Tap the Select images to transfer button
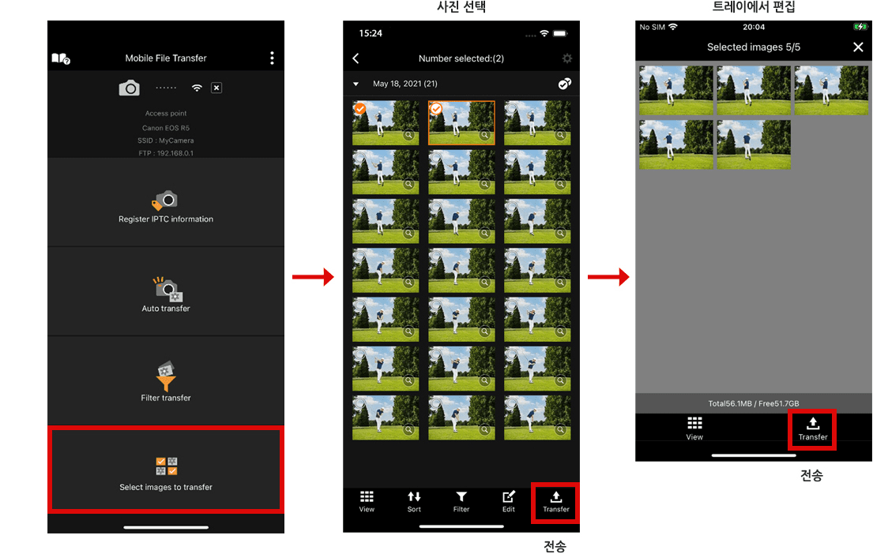[x=166, y=470]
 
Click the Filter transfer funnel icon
[x=166, y=376]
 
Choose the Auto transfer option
[x=166, y=293]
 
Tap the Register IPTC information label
[x=166, y=219]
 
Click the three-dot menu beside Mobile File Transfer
[x=272, y=58]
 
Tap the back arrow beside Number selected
[x=356, y=58]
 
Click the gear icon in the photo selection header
[x=566, y=58]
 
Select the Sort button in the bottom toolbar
[x=414, y=501]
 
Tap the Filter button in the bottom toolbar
[x=461, y=501]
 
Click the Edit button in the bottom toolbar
[x=509, y=501]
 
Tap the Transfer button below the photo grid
[x=555, y=502]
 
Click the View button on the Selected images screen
[x=694, y=429]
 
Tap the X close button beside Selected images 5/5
[x=858, y=47]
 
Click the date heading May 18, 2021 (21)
[x=405, y=84]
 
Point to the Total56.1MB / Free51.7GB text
[x=753, y=403]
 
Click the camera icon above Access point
[x=129, y=88]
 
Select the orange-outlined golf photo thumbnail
[x=461, y=123]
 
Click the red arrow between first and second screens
[x=313, y=276]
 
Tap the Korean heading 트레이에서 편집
[x=753, y=7]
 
